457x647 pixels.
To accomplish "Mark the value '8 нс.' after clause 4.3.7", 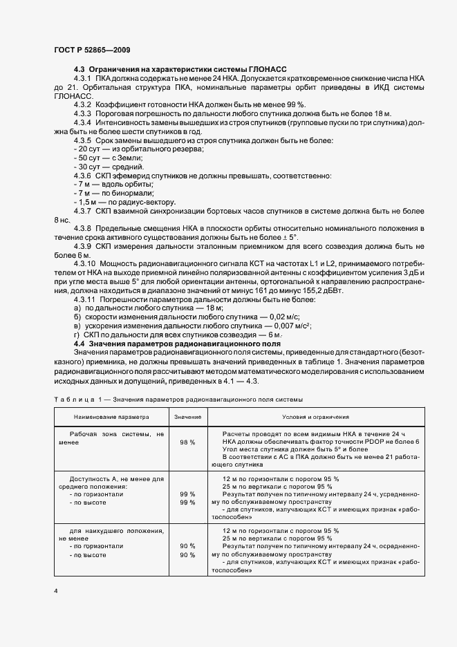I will pyautogui.click(x=62, y=219).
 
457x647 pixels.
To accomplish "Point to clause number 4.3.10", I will pyautogui.click(x=86, y=264).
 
